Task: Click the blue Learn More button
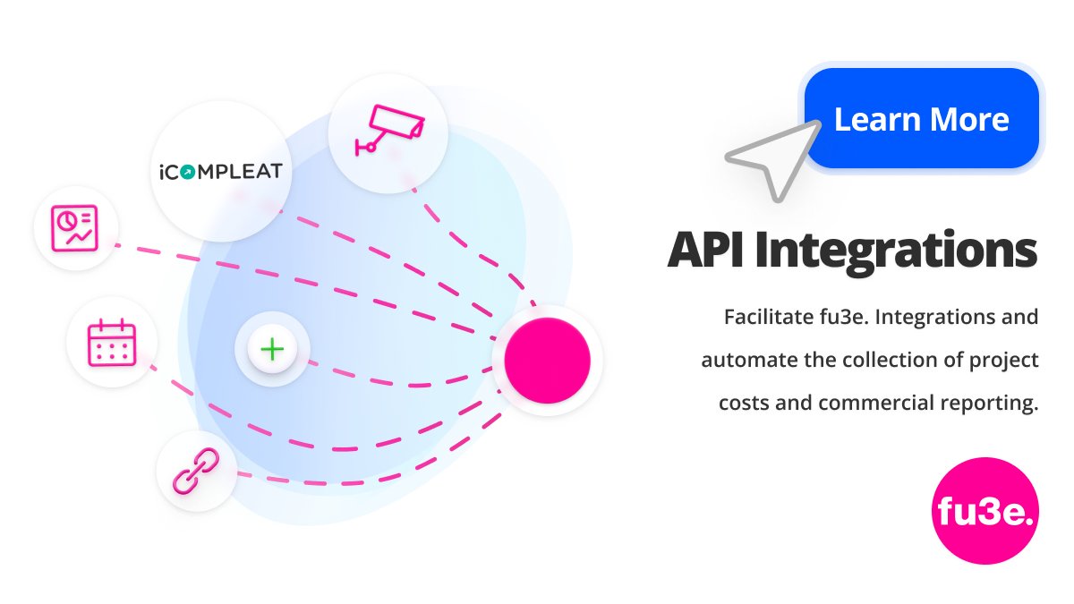pos(921,118)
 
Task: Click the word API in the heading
pos(705,251)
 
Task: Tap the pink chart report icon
pos(76,227)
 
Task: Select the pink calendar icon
pos(112,343)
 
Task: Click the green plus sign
pos(272,349)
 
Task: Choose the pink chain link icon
pos(196,472)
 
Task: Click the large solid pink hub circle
pos(547,360)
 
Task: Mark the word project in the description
pos(1006,360)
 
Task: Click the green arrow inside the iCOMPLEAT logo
pos(187,170)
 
